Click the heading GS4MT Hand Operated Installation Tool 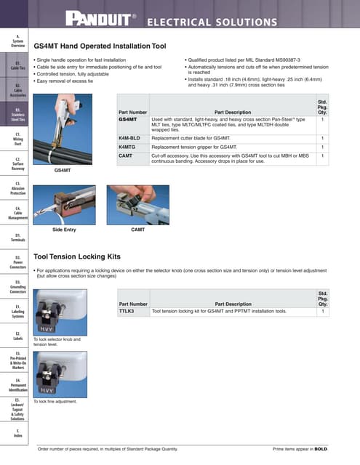click(100, 46)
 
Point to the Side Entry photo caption click(65, 230)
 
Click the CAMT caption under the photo click(138, 230)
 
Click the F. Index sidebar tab click(16, 433)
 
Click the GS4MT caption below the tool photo click(63, 170)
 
